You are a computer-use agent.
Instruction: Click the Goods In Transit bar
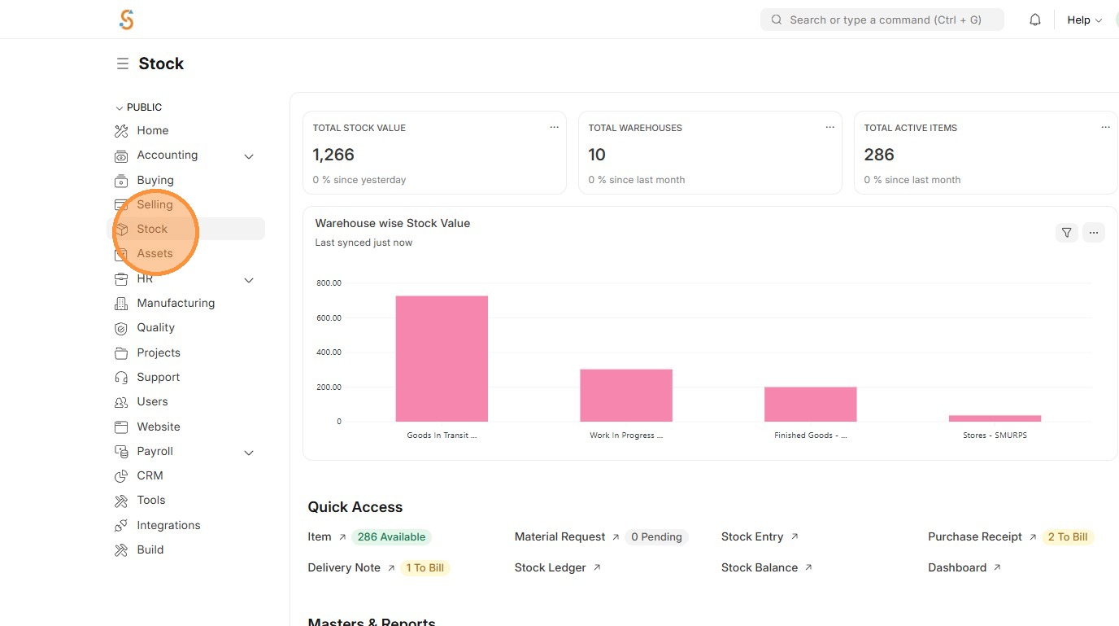coord(442,358)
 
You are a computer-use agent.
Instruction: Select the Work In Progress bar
coord(625,395)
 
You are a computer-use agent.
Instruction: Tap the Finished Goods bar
coord(810,404)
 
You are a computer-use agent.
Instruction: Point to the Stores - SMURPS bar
coord(995,418)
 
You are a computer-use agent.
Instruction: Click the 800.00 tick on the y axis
coord(329,283)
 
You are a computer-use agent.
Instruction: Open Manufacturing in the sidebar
coord(176,303)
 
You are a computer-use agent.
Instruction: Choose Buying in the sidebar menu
coord(155,180)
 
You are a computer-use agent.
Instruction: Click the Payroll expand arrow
coord(249,452)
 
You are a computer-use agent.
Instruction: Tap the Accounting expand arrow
coord(249,155)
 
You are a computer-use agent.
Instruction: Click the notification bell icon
coord(1035,20)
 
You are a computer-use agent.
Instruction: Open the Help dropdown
coord(1084,20)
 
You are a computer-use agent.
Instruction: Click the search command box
coord(882,20)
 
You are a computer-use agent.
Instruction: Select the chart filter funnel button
coord(1066,233)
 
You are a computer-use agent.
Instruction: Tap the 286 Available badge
coord(391,536)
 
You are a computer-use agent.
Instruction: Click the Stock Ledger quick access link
coord(551,567)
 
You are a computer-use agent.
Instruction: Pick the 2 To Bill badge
coord(1068,536)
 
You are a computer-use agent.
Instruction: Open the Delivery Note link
coord(344,567)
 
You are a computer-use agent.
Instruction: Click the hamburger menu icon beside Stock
coord(123,63)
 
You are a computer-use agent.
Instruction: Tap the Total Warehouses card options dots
coord(829,127)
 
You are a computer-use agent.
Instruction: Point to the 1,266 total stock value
coord(333,155)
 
